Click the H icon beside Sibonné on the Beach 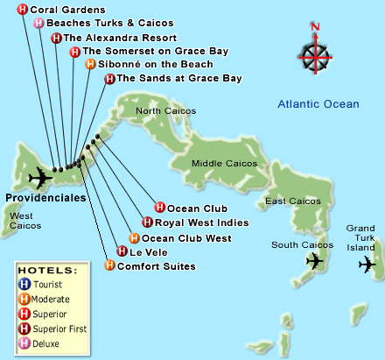[x=91, y=64]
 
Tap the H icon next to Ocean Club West [x=132, y=237]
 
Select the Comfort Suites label [x=156, y=265]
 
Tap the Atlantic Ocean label [x=318, y=104]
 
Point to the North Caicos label [x=165, y=111]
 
